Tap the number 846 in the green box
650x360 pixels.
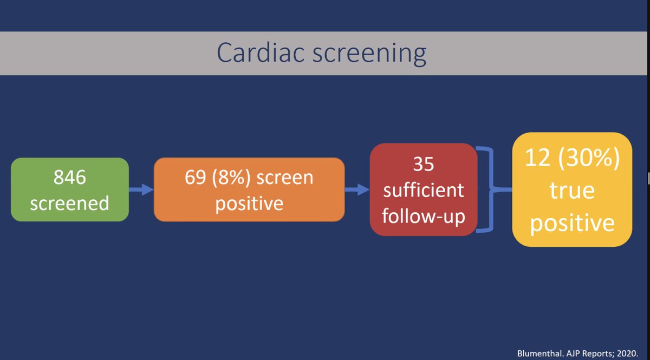click(69, 177)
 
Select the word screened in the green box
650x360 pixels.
click(69, 203)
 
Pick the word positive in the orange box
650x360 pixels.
click(249, 204)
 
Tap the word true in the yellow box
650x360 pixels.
click(572, 192)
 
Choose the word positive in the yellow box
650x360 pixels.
click(572, 222)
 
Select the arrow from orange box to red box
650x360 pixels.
click(357, 189)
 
